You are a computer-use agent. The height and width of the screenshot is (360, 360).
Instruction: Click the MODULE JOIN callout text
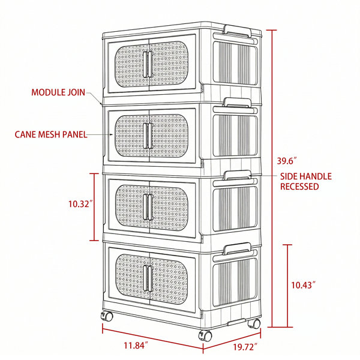coord(58,92)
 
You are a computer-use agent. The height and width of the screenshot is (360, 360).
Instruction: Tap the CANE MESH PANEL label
coord(51,134)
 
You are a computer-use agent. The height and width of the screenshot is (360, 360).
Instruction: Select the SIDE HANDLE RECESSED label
coord(306,181)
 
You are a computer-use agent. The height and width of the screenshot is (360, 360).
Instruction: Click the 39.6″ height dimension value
coord(287,161)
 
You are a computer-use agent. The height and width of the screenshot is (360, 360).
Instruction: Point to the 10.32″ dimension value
coord(80,203)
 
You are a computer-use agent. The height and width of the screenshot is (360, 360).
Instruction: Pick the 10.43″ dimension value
coord(303,285)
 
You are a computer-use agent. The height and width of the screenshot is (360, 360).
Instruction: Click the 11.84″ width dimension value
coord(136,346)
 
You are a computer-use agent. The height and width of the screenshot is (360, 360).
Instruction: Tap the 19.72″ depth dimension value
coord(245,347)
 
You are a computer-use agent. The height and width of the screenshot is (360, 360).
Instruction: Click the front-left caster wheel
coord(107,316)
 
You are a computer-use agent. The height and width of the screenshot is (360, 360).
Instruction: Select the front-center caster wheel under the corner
coord(205,335)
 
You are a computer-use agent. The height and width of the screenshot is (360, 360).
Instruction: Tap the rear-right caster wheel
coord(254,324)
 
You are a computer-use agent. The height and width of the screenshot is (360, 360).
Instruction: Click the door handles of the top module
coord(148,64)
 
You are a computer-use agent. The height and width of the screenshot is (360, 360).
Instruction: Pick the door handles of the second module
coord(148,136)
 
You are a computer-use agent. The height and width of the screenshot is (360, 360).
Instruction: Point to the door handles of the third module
coord(148,207)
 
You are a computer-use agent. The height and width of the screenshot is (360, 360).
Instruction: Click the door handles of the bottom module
coord(148,278)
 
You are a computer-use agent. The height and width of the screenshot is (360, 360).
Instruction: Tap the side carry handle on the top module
coord(238,31)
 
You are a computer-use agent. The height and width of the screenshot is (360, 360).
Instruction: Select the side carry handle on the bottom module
coord(238,249)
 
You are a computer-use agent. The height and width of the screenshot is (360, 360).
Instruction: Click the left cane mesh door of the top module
coord(129,65)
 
